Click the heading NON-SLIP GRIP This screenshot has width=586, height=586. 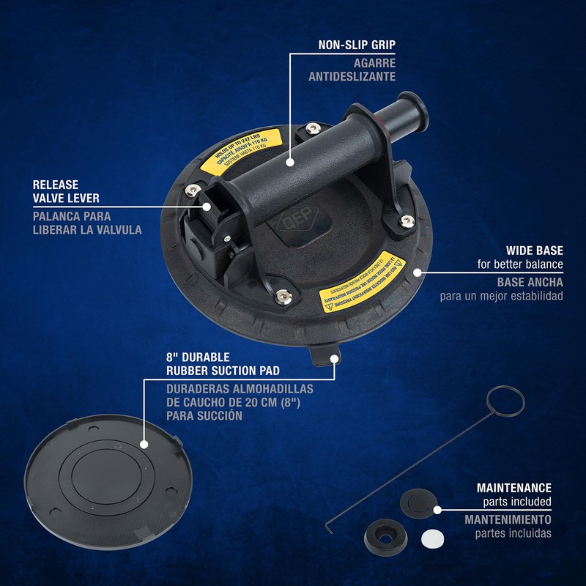pos(357,45)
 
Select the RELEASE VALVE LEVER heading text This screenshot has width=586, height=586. pos(66,192)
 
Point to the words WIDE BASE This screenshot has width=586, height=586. pos(534,251)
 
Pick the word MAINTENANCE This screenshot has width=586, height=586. pos(514,487)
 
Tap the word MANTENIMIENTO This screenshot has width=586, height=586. pos(508,519)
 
